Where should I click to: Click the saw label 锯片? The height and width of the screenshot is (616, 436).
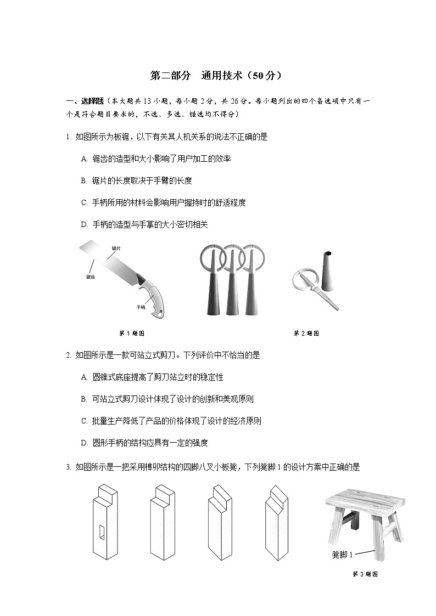116,248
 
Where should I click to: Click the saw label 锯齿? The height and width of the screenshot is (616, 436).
91,278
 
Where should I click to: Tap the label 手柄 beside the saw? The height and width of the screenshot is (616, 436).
141,307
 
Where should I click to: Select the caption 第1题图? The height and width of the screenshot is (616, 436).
132,333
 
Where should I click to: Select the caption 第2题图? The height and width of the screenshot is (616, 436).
306,333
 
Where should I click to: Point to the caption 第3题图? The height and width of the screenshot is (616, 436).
365,574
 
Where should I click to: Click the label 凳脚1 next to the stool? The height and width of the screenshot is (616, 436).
343,554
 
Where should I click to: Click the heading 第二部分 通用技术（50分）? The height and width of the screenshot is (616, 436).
217,76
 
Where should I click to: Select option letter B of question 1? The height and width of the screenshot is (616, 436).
84,180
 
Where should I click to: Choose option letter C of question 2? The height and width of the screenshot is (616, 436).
84,421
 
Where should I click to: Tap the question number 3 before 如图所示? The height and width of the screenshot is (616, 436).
68,467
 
